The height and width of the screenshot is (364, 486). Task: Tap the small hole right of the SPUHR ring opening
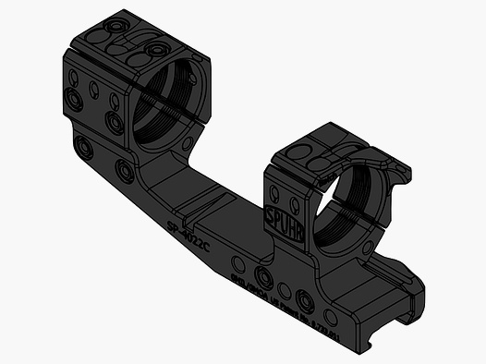tap(369, 251)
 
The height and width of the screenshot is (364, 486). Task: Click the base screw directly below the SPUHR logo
tap(264, 277)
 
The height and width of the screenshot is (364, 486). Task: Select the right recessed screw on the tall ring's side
tap(115, 122)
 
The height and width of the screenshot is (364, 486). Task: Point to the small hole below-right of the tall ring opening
tap(188, 144)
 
